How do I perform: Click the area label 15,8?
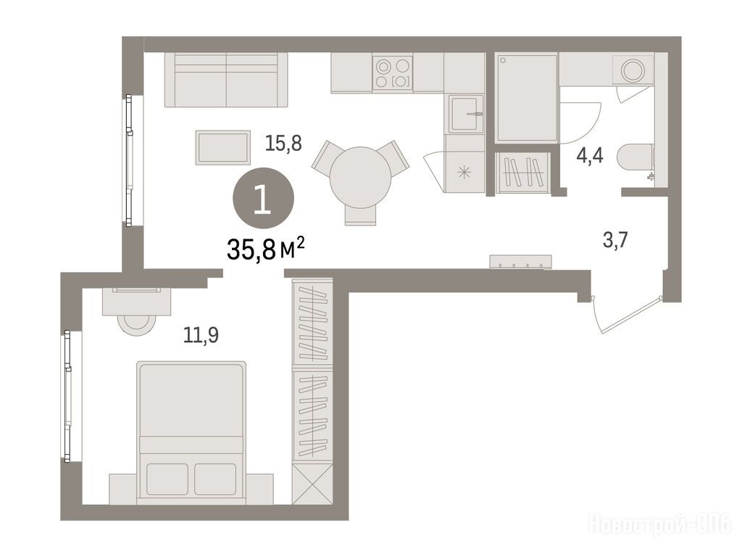tap(283, 143)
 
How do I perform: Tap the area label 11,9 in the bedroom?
tap(201, 335)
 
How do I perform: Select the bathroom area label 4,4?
tap(590, 155)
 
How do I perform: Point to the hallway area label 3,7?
tap(615, 240)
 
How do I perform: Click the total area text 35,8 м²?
tap(265, 249)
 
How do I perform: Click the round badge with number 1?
tap(263, 199)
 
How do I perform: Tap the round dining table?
tap(361, 178)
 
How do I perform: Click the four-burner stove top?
tap(392, 73)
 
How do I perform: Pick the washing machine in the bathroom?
tap(633, 70)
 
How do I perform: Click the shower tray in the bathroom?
tap(526, 98)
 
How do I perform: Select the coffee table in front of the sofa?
tap(223, 147)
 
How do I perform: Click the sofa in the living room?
tap(226, 80)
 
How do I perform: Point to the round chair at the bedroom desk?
tap(136, 324)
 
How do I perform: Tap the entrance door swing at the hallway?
tap(625, 315)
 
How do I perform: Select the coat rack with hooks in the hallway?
tap(520, 261)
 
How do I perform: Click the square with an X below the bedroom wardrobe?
tap(312, 484)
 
